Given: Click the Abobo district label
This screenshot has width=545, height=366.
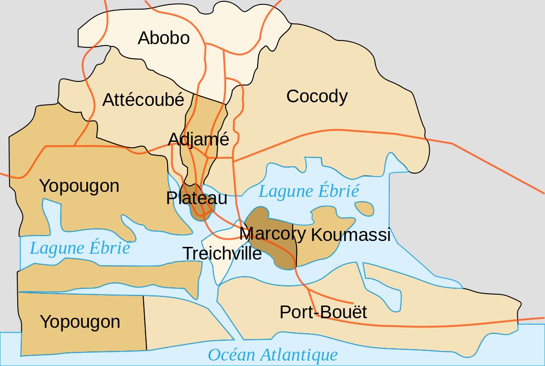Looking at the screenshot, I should tap(163, 38).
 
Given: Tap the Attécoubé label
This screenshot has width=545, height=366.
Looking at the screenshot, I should tap(143, 100).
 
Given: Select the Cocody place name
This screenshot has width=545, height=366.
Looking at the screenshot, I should tap(317, 96).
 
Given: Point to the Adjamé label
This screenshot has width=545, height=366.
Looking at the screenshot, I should tap(198, 139).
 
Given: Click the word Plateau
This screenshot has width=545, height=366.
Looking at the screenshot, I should tap(196, 198).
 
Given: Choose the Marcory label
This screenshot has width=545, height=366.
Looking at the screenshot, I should tap(272, 233).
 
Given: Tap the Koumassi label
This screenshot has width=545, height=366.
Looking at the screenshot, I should tap(351, 235).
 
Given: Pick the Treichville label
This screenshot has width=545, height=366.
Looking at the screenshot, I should tap(222, 253).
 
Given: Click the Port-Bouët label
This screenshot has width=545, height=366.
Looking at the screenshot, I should tap(323, 312).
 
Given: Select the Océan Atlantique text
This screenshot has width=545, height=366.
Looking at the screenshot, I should tap(272, 355).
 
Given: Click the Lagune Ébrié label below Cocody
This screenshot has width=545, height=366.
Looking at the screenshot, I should tap(309, 191).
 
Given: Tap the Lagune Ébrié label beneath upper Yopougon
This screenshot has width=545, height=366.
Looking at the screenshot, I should tap(80, 248).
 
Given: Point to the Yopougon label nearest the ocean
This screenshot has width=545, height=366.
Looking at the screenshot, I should tap(80, 322).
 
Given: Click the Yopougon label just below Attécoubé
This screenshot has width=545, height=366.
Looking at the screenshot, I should tap(79, 186).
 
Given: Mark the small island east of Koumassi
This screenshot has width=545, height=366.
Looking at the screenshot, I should tap(364, 209).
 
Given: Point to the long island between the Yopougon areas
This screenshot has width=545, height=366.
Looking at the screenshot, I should tap(109, 276).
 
